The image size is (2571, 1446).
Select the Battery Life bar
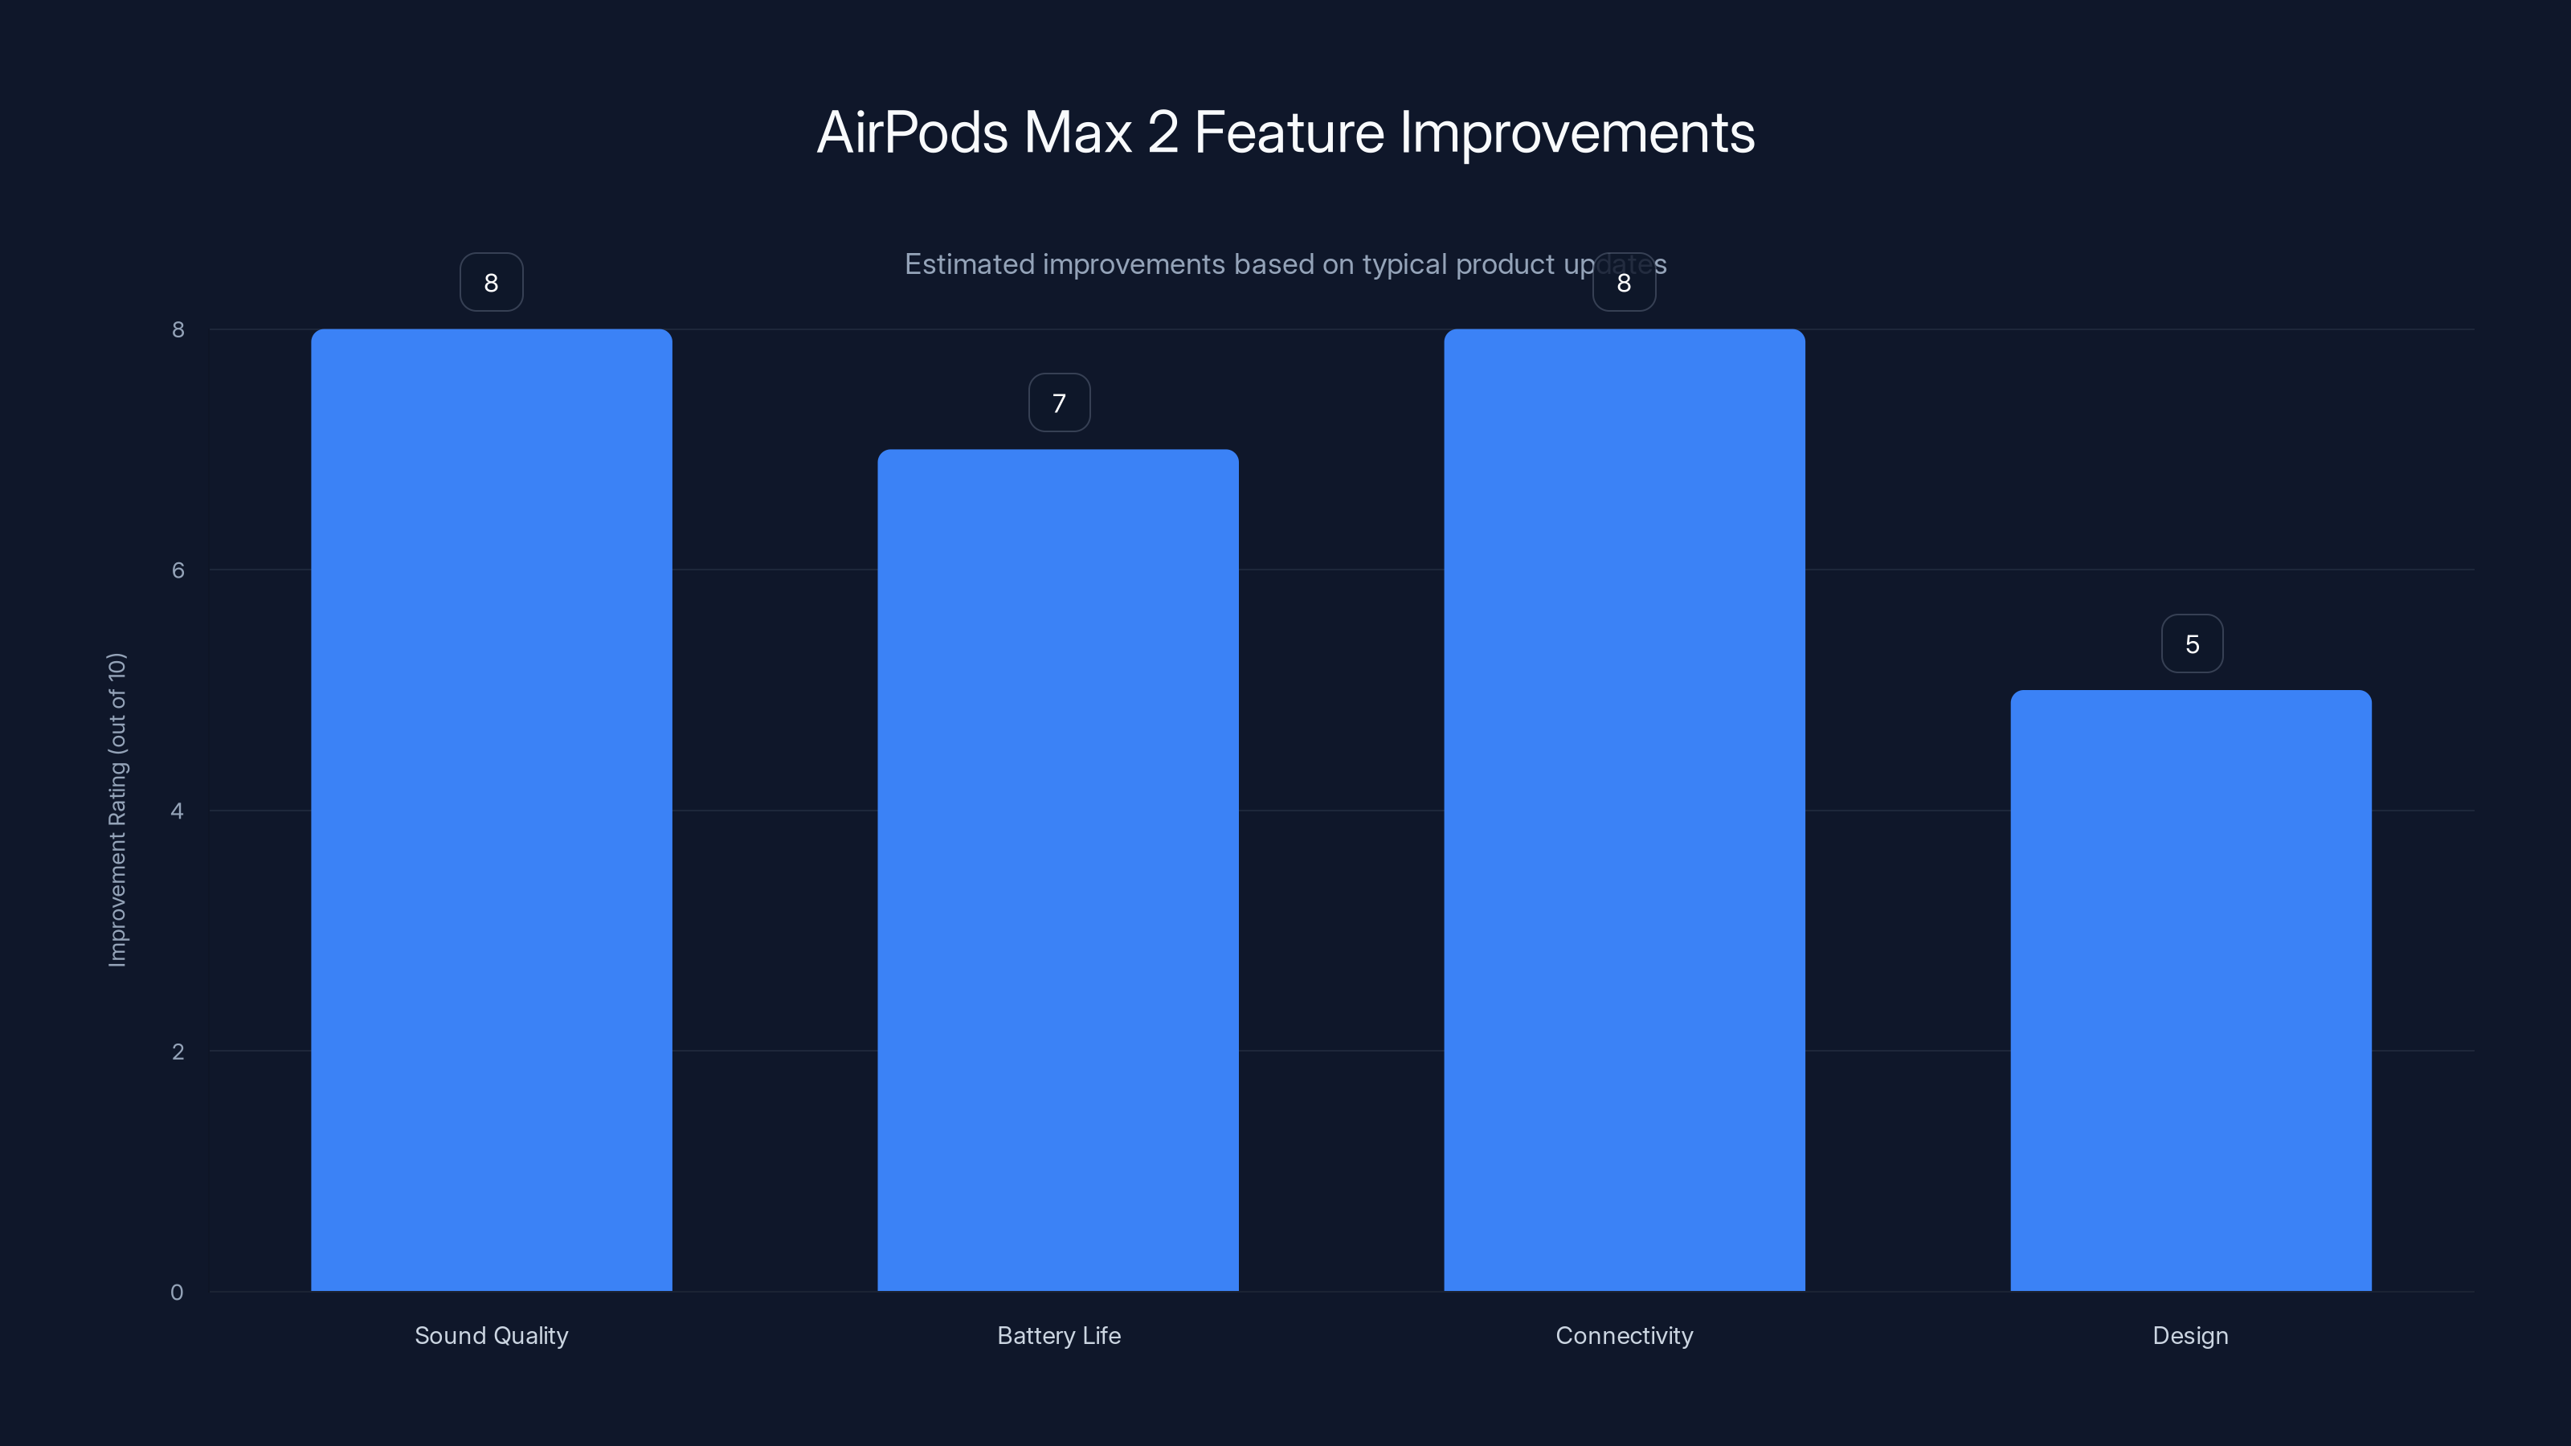point(1058,869)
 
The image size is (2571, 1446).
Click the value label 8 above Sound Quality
point(491,283)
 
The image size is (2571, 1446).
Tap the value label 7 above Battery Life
point(1059,403)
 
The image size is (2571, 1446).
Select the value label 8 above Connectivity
point(1624,283)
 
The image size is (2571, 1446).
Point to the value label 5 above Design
point(2192,644)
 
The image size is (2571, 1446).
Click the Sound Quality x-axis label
point(491,1335)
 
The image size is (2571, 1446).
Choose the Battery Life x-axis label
point(1059,1335)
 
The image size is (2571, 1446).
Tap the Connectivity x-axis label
point(1624,1335)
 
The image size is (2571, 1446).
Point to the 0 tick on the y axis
point(177,1293)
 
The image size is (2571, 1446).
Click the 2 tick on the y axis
point(178,1051)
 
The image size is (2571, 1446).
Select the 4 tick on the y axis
point(177,811)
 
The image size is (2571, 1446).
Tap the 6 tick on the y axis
point(178,570)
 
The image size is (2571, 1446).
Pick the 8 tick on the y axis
point(178,329)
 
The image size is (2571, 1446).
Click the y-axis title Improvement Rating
point(118,809)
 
